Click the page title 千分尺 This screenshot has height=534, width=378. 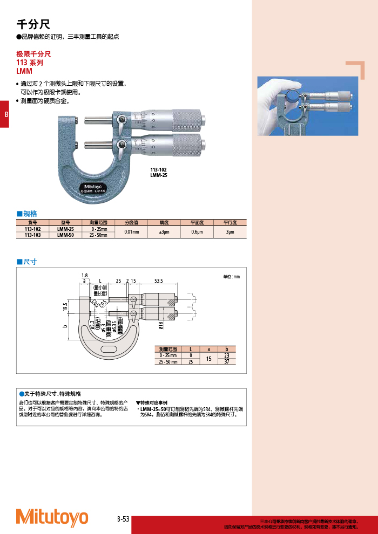(x=33, y=24)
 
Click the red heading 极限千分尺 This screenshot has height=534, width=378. (x=33, y=54)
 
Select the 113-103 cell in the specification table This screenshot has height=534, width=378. (x=33, y=235)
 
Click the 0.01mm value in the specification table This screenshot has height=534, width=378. (x=132, y=232)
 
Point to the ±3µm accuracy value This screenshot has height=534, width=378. (x=165, y=232)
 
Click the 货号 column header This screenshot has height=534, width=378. (x=33, y=222)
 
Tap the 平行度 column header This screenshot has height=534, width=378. (x=230, y=222)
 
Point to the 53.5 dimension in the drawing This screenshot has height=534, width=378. (x=158, y=281)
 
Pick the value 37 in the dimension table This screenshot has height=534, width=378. (x=227, y=362)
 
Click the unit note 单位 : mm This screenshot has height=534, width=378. (x=231, y=277)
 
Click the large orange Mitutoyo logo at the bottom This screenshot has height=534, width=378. (x=52, y=517)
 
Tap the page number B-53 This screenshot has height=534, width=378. (x=123, y=519)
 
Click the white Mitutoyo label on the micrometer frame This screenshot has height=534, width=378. (x=94, y=187)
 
